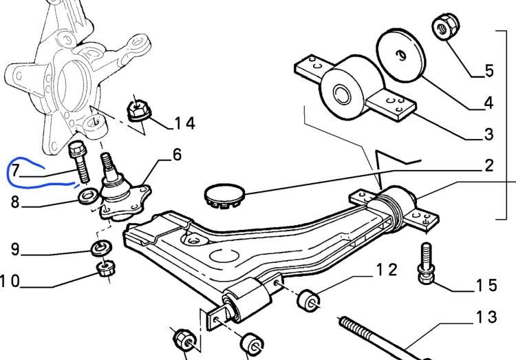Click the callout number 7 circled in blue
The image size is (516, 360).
pos(15,171)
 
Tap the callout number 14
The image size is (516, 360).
pos(184,123)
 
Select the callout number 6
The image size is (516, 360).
pos(177,154)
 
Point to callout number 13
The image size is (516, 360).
pos(486,317)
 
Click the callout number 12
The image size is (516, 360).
pos(387,270)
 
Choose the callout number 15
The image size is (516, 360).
pos(486,285)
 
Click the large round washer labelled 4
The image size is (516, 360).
pos(400,55)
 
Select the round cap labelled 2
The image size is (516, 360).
pos(225,196)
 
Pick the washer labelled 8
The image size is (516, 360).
pos(88,195)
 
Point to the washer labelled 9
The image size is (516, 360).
pos(101,248)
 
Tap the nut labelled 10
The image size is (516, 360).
pos(106,268)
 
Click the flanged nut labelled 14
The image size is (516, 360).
pos(139,111)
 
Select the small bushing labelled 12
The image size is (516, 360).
pos(308,300)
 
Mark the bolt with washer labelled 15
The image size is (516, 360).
pos(426,264)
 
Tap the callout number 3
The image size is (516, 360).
pos(489,134)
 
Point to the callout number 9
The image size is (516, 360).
pos(15,249)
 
